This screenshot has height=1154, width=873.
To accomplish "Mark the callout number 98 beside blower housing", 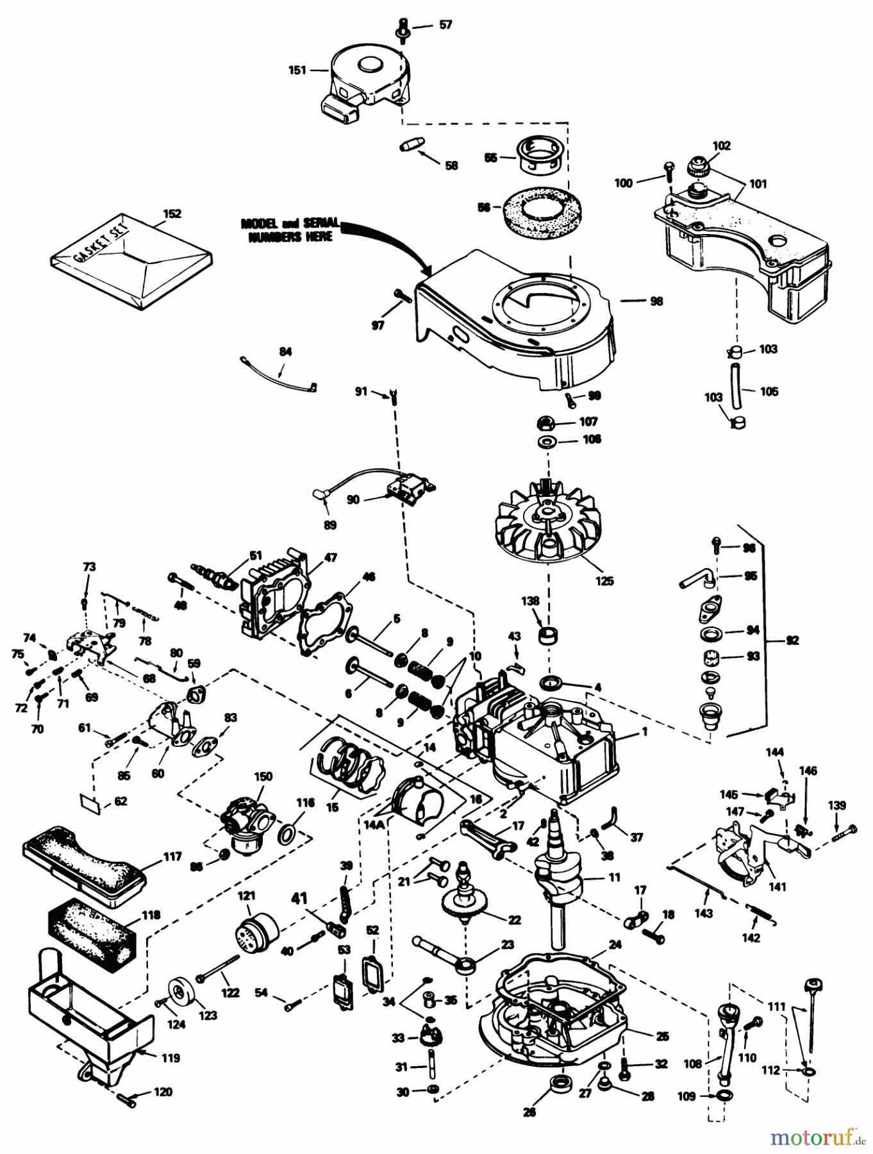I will point(656,301).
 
